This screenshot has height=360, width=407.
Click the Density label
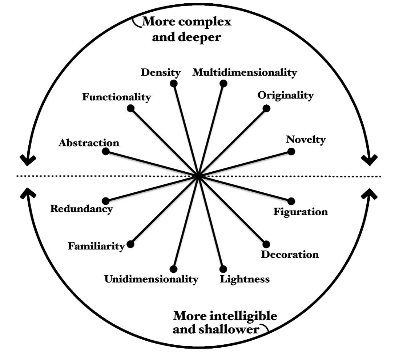point(161,73)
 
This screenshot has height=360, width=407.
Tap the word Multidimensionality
point(245,72)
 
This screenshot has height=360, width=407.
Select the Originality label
point(286,96)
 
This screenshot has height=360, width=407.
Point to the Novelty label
point(306,140)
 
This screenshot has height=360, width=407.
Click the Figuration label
point(301,212)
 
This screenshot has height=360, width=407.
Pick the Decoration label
point(290,254)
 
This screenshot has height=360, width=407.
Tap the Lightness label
point(245,279)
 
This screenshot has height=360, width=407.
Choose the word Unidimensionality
point(151,279)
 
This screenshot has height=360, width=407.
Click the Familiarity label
point(96,246)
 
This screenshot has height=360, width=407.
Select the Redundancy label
point(81,209)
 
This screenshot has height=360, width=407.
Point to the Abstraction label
point(89,143)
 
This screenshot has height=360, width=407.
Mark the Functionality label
point(117,97)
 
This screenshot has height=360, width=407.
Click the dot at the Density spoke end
point(174,84)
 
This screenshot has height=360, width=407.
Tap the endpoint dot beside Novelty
point(291,151)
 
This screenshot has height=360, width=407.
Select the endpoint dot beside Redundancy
point(106,201)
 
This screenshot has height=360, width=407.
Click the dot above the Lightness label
point(223,269)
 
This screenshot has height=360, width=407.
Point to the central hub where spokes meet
point(198,176)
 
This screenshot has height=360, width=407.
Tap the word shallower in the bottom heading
point(229,329)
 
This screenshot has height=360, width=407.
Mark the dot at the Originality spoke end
point(266,108)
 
